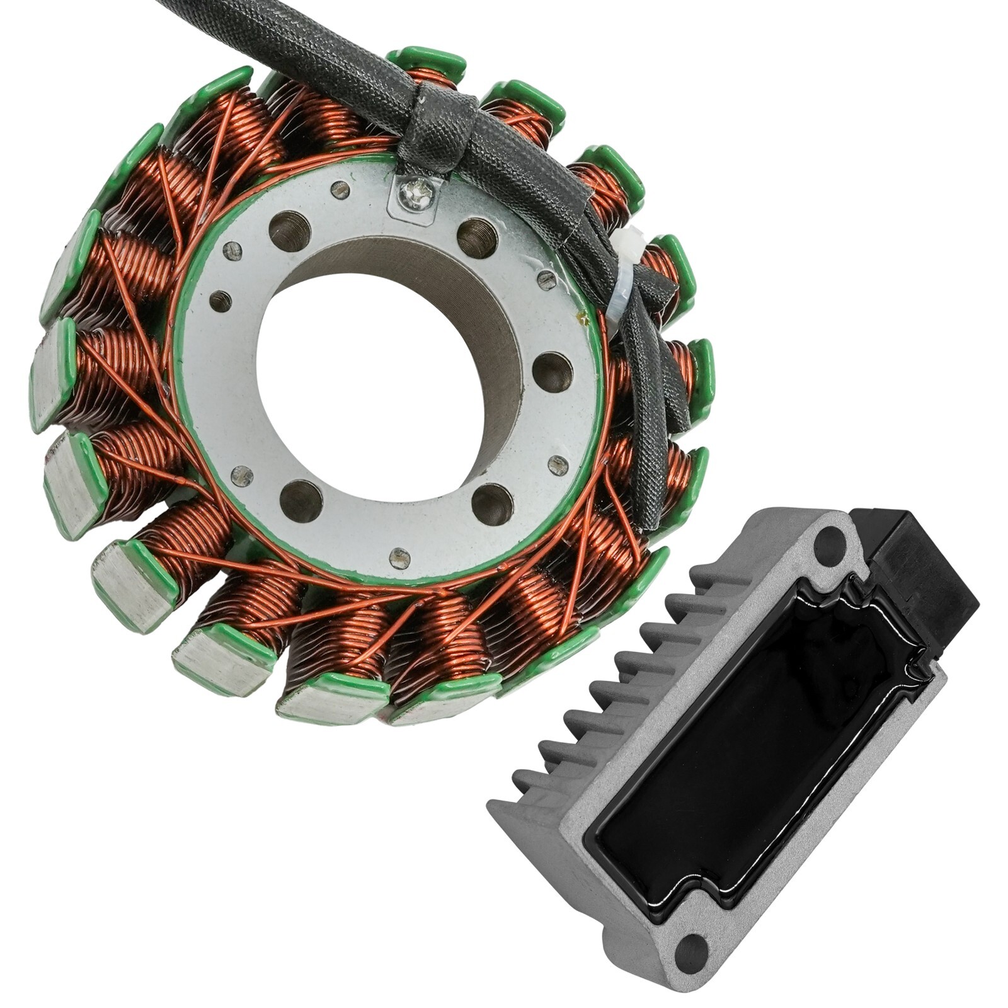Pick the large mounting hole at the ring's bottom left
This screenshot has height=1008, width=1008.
click(301, 501)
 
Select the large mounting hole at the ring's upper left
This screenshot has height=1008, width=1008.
click(290, 230)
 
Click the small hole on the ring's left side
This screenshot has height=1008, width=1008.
click(220, 302)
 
